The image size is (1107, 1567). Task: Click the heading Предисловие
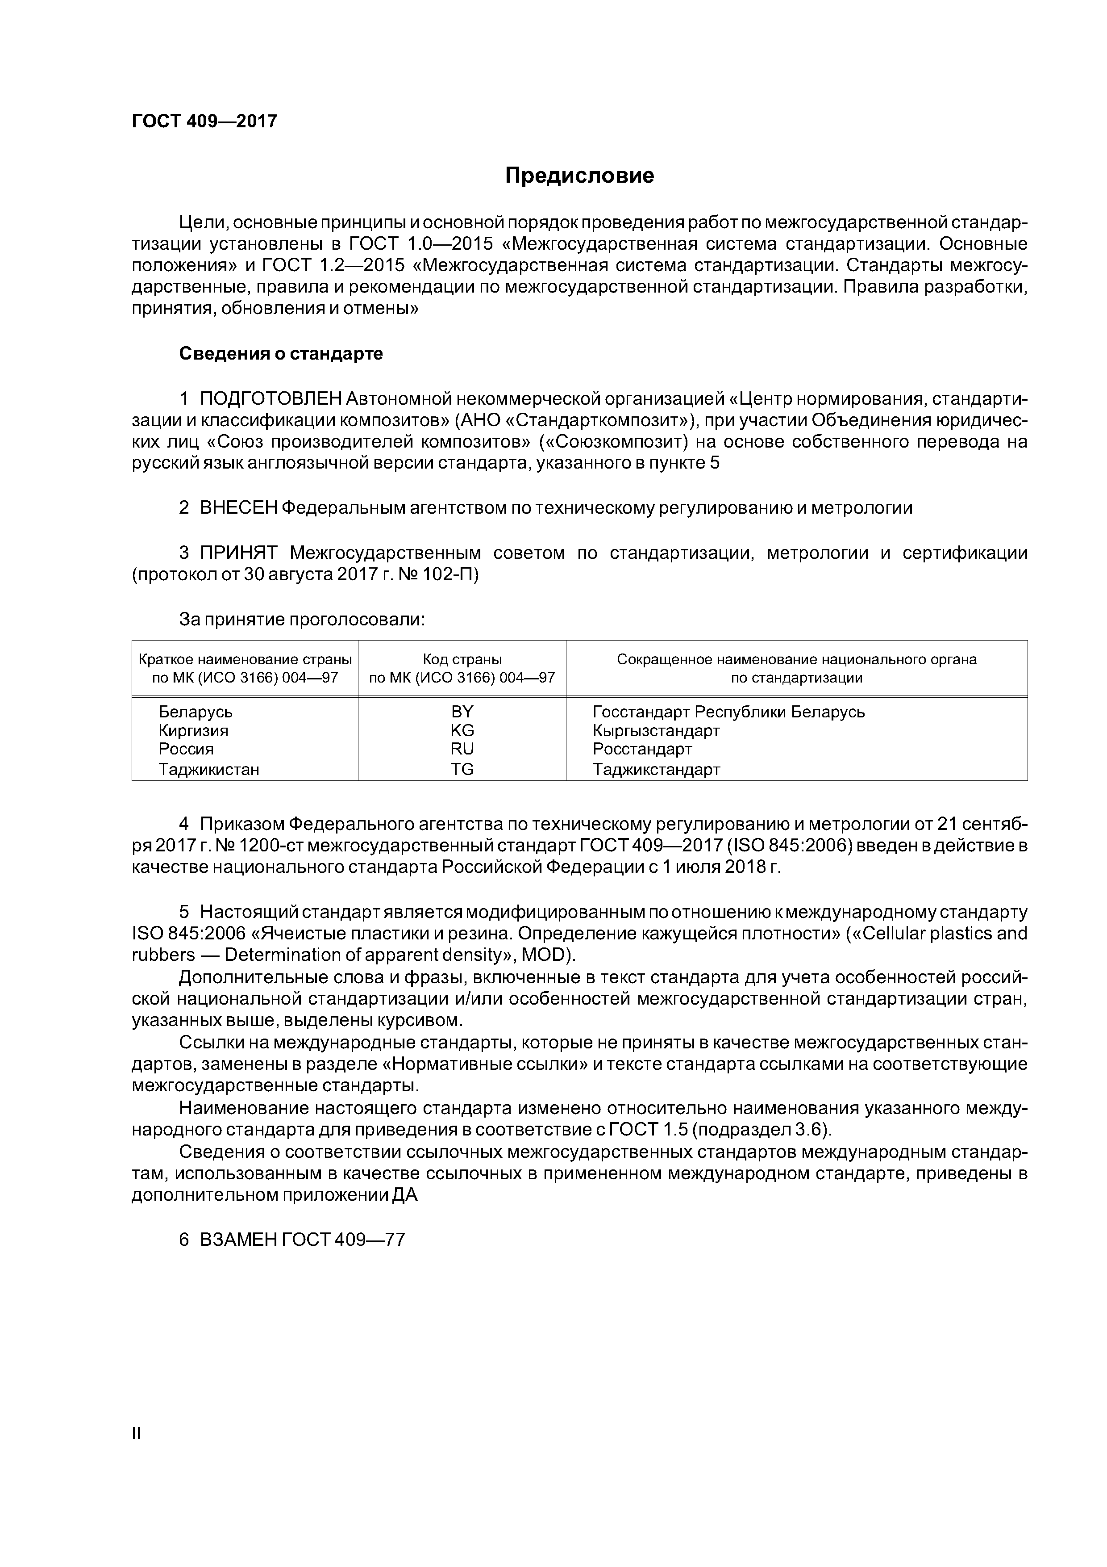point(579,176)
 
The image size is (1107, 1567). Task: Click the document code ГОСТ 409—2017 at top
point(204,122)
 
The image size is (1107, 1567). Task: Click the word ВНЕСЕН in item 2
point(239,508)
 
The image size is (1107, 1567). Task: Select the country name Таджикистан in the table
point(209,770)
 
